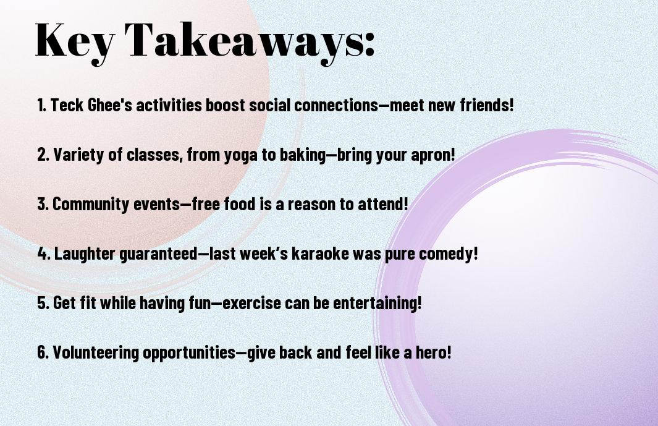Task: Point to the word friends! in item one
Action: point(487,105)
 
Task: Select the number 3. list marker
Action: point(43,204)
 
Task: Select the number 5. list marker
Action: point(43,303)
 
